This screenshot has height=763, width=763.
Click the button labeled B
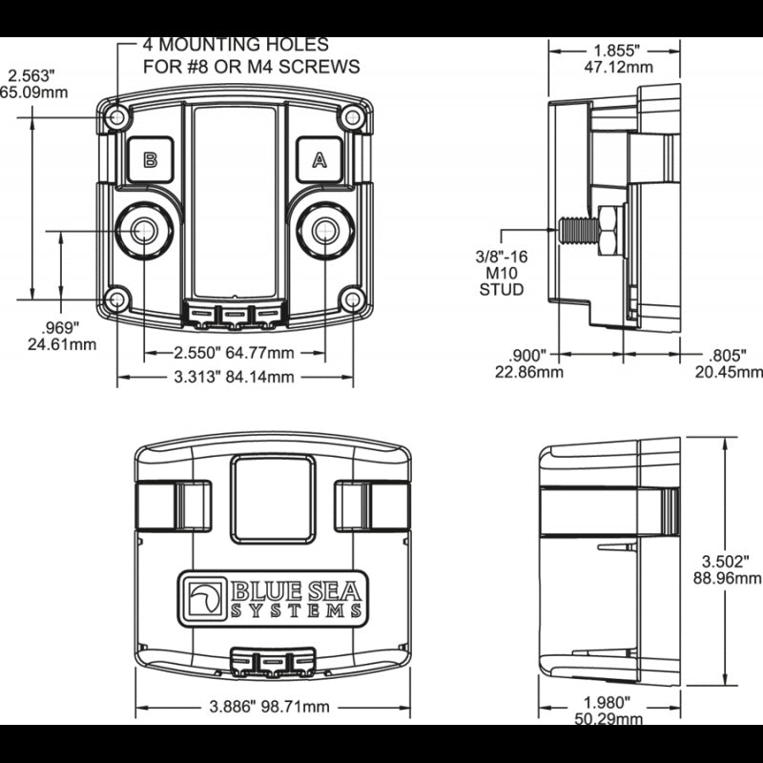(150, 159)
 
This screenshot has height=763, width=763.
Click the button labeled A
(319, 159)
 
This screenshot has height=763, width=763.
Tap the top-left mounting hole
(117, 117)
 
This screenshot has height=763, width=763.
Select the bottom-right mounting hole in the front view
(352, 299)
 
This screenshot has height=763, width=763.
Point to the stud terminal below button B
(144, 230)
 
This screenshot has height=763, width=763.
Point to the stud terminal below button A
(324, 230)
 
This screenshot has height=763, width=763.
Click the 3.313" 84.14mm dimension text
(234, 377)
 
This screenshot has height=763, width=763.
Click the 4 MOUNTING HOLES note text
(250, 55)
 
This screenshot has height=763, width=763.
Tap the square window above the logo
(273, 499)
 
